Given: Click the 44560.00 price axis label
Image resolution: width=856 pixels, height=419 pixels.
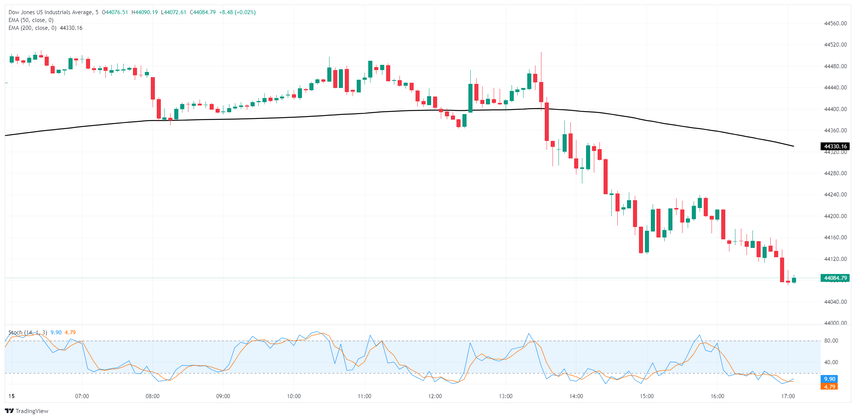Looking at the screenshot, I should (836, 23).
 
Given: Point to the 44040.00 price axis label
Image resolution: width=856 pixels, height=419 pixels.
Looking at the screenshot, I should (836, 302).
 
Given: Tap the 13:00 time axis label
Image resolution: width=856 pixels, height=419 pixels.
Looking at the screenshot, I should (506, 396).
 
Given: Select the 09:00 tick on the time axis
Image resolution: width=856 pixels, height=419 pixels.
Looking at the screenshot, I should (223, 396).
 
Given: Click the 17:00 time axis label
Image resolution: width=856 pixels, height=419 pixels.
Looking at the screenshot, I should (788, 396).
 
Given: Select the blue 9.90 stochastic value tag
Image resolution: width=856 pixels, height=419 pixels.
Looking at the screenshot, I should (829, 379).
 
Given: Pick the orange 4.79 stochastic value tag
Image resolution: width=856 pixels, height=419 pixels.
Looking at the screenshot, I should (829, 387).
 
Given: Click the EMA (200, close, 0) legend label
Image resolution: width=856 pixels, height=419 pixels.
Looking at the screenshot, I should (32, 28).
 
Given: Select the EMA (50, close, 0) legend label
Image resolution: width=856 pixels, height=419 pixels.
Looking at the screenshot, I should (31, 20).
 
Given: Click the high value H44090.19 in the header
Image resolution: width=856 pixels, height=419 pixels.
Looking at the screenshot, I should (144, 12).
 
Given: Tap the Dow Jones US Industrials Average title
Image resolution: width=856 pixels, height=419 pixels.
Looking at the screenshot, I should (50, 12).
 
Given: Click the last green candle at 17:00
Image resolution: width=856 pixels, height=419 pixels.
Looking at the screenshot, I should (794, 280).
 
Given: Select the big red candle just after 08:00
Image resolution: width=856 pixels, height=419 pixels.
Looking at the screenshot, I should (153, 88).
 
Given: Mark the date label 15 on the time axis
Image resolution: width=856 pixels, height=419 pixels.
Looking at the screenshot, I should (12, 396).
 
